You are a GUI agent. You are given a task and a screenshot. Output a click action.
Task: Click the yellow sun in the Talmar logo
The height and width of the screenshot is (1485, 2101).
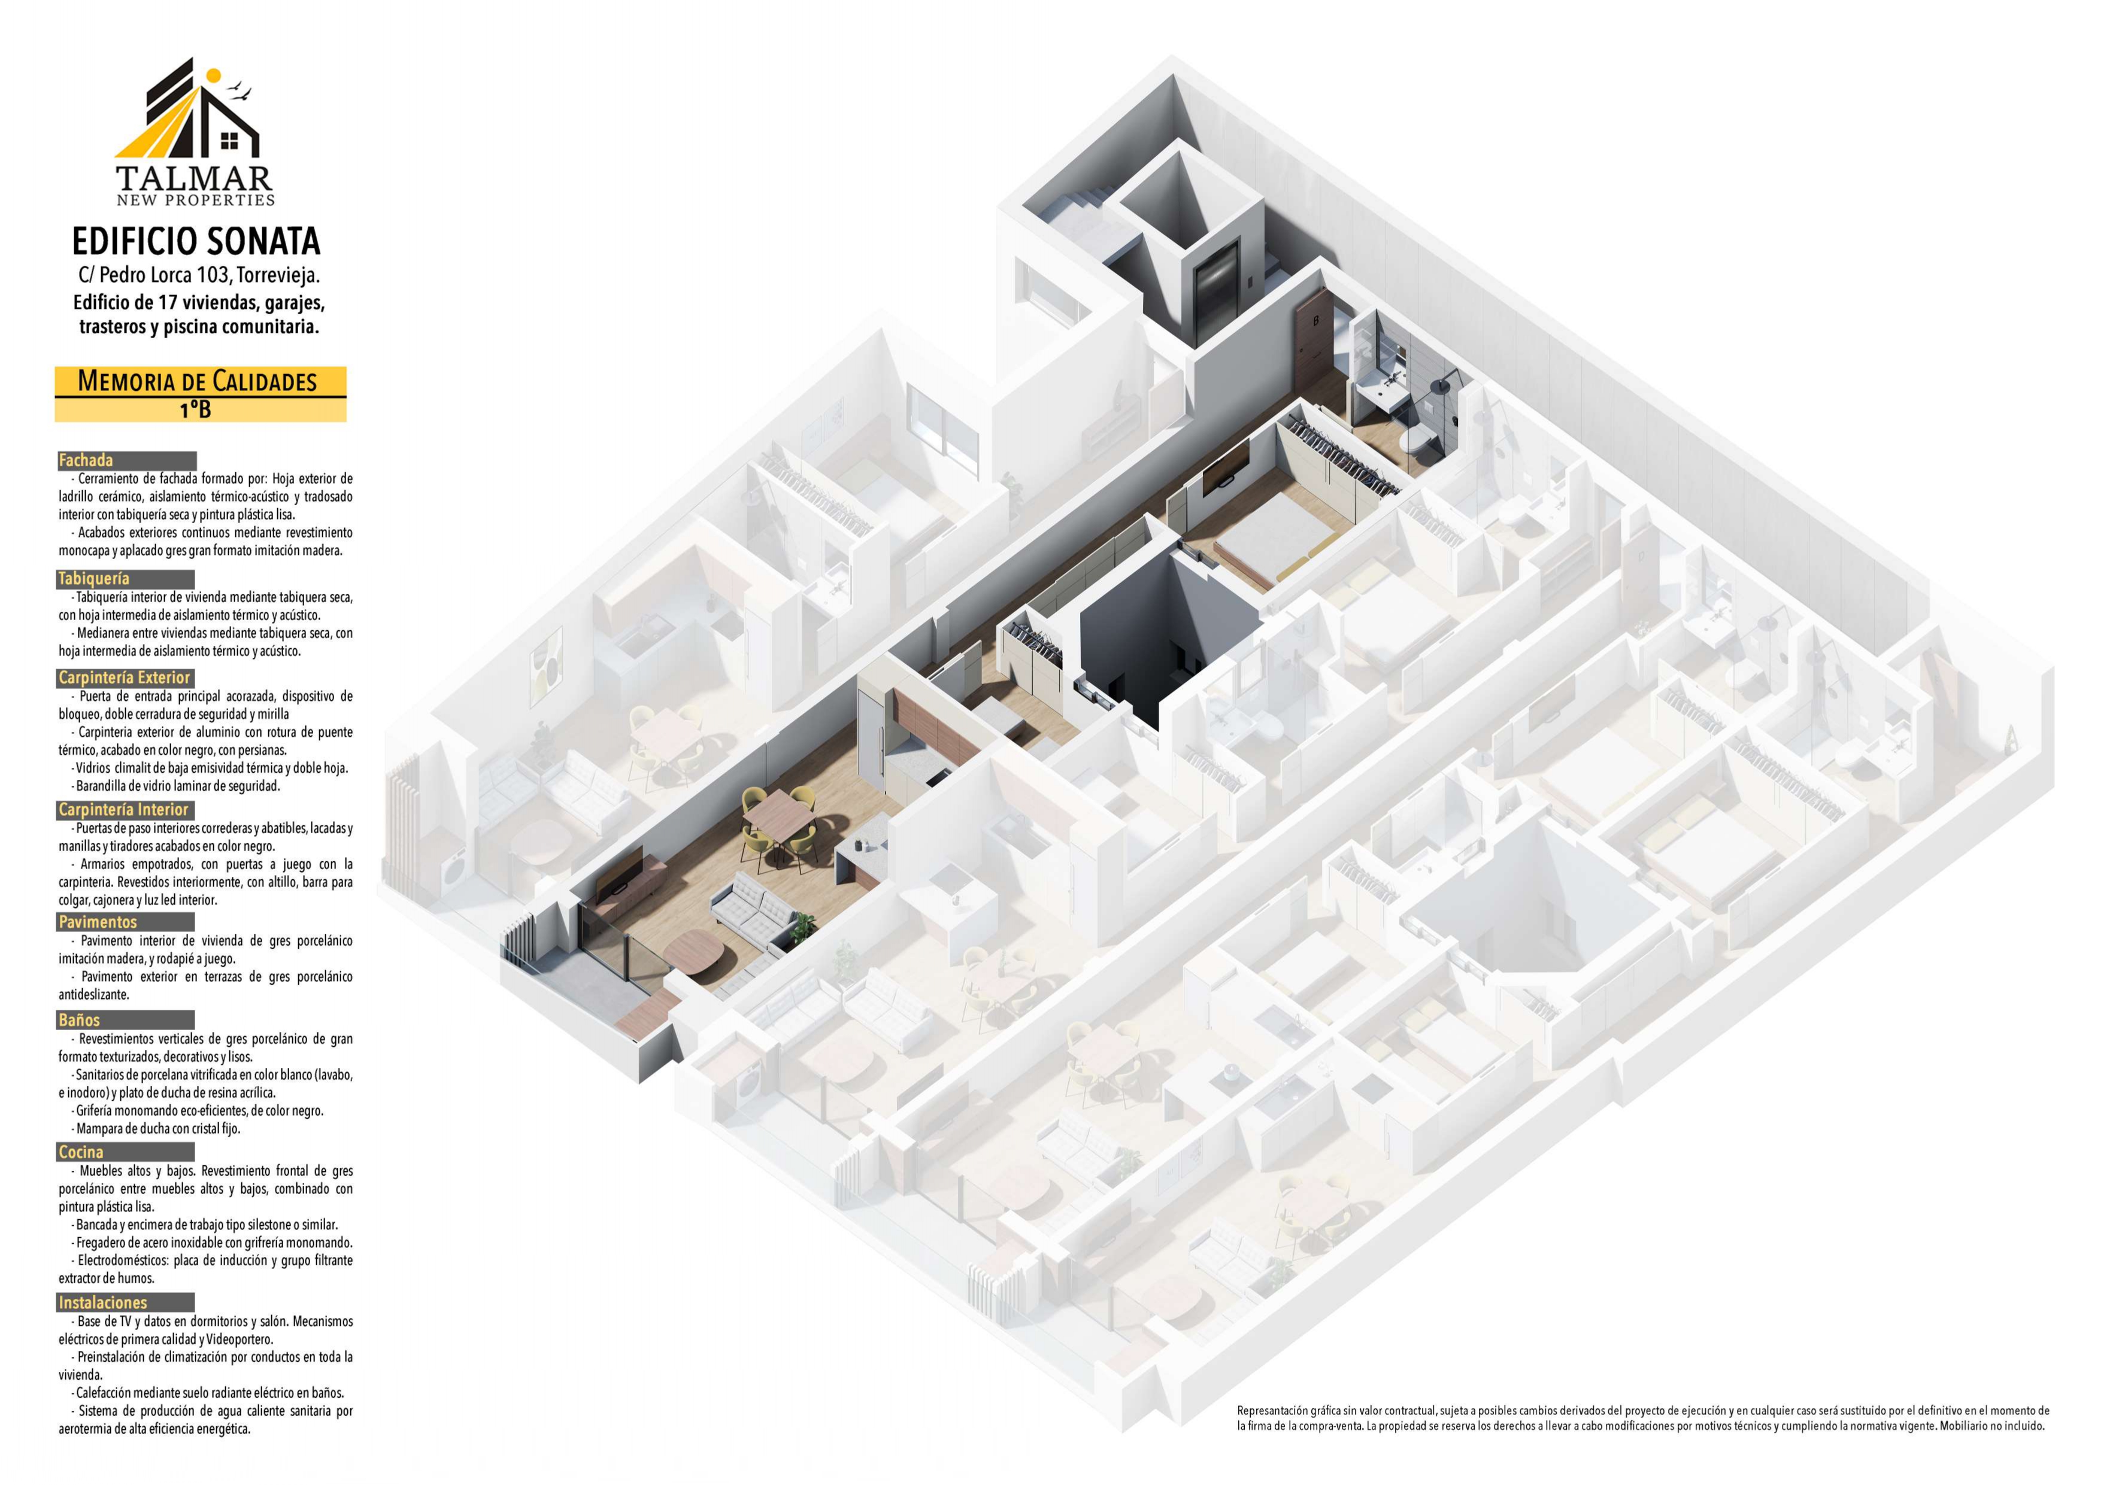pos(213,76)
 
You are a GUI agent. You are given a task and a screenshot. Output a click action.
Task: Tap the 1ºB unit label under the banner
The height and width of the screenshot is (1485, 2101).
pos(196,410)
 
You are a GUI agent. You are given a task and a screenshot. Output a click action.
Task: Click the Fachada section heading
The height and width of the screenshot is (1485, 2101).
pos(86,460)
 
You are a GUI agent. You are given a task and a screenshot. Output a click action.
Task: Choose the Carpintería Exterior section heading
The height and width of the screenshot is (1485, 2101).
pos(125,678)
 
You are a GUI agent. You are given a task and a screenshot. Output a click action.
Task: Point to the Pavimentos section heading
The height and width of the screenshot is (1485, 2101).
pos(97,922)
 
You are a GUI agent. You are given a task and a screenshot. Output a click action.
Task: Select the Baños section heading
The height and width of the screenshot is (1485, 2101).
pos(80,1020)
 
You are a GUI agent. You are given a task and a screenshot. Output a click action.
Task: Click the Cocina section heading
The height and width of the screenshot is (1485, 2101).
pos(80,1153)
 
